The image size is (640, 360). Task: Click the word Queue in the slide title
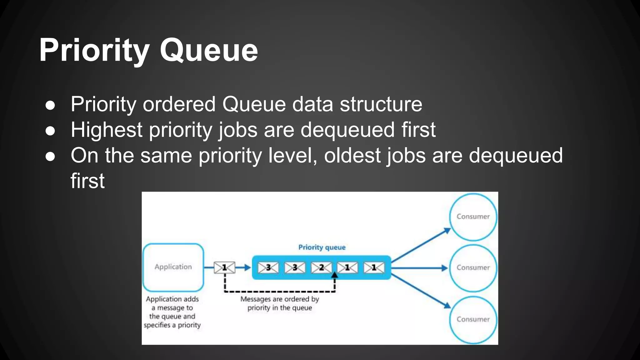209,50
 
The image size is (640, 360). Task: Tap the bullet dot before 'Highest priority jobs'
50,131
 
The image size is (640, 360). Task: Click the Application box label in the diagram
173,267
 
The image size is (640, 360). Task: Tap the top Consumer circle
473,217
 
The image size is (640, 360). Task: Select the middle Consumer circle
473,267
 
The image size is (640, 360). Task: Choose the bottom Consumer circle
473,319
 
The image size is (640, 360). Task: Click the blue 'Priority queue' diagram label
322,247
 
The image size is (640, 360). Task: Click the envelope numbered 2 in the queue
321,268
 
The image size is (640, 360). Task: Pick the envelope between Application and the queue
224,267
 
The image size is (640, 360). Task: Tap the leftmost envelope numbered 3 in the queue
268,268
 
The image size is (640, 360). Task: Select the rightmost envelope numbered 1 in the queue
374,268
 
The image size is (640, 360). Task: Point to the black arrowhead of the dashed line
335,275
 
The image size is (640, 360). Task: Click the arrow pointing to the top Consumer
422,245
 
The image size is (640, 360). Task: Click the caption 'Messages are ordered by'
279,299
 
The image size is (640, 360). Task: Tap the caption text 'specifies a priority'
172,325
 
